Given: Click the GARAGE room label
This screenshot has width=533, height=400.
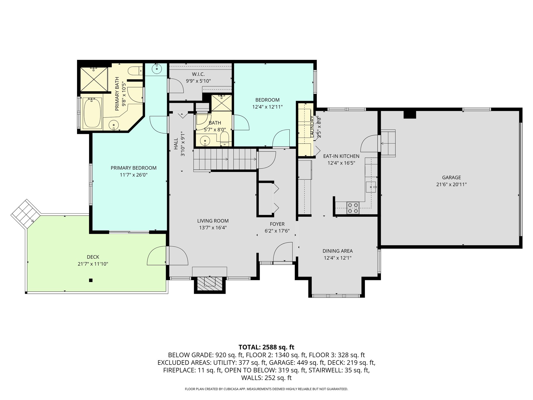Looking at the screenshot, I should [x=451, y=178].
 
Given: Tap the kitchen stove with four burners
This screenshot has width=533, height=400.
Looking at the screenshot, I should [x=353, y=208].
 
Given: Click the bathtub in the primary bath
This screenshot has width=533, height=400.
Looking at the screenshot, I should [x=92, y=113].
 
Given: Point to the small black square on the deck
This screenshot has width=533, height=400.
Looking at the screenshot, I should [x=91, y=280].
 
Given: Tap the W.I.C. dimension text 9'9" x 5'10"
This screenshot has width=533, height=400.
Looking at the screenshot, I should [x=198, y=81].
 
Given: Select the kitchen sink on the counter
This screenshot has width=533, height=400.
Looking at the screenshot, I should [x=371, y=187].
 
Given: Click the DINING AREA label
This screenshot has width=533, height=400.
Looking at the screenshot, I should [x=338, y=251].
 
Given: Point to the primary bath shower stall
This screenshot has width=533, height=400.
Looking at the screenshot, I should [x=93, y=79].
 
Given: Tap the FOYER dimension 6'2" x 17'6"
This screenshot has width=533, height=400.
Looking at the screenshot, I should [x=277, y=231].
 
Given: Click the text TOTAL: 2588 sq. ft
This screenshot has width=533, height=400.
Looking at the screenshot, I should [x=266, y=347].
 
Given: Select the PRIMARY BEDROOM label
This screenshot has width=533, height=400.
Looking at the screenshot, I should [x=134, y=168].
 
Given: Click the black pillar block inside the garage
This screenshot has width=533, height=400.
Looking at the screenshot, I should [x=410, y=114].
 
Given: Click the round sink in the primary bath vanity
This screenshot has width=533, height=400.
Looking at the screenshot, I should [x=114, y=125].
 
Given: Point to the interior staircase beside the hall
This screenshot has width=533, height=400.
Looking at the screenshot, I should [x=225, y=159].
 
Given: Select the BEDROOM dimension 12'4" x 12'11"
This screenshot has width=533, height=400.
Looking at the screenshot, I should [x=267, y=107].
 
